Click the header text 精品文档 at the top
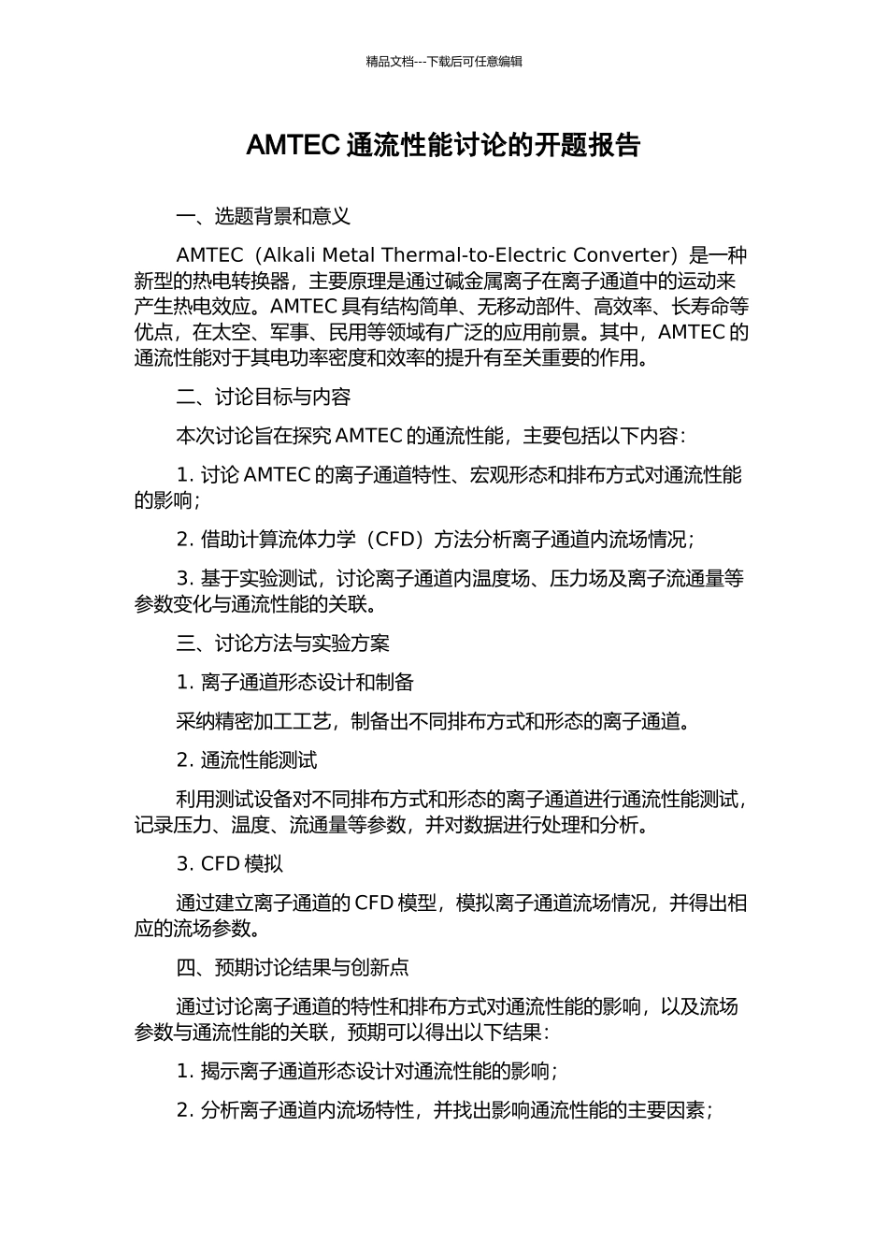click(390, 62)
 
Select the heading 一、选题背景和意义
click(264, 217)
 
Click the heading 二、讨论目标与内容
click(264, 397)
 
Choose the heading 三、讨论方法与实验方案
click(283, 643)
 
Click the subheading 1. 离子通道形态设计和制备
click(295, 683)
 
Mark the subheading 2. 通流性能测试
click(247, 760)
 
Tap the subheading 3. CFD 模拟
click(230, 864)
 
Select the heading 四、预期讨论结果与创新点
click(293, 967)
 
